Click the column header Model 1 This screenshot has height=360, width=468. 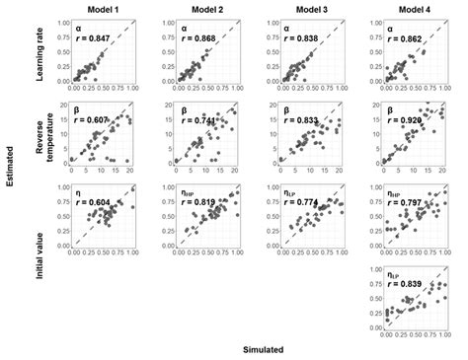101,9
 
